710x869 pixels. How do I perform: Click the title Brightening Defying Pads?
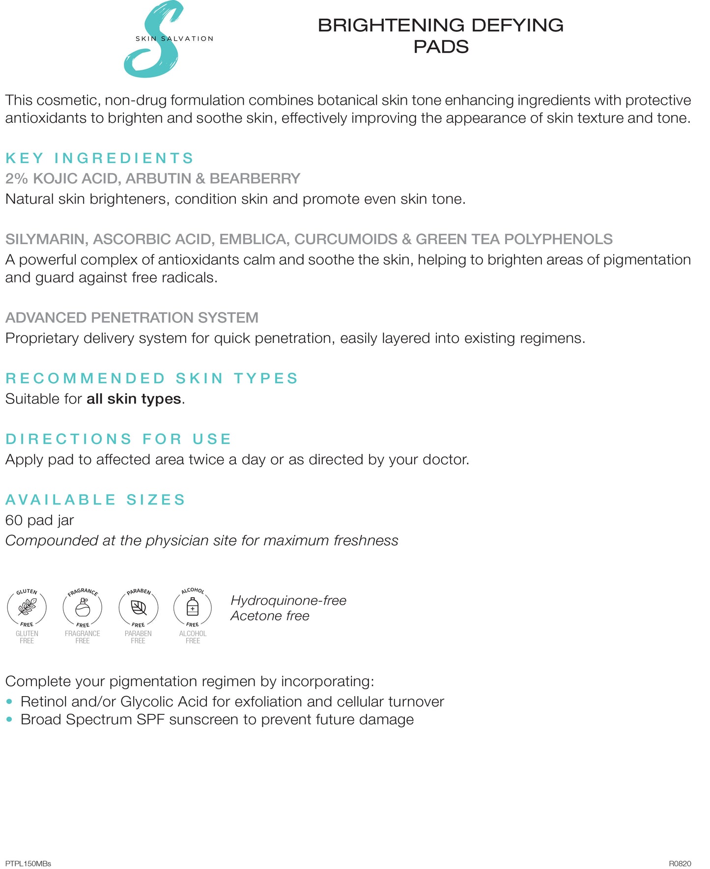(x=440, y=36)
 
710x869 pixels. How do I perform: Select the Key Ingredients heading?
(x=100, y=158)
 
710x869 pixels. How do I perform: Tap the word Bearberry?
(x=255, y=178)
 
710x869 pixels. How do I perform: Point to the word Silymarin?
(x=47, y=239)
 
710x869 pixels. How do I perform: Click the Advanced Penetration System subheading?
(x=132, y=318)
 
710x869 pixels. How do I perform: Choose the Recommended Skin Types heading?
(x=152, y=378)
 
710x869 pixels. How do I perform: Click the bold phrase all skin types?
(x=134, y=399)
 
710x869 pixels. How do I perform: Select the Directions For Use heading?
(x=118, y=439)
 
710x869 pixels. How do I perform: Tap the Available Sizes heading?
(x=96, y=500)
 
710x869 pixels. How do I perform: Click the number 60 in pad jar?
(x=14, y=520)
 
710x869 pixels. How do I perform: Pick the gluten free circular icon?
(x=27, y=608)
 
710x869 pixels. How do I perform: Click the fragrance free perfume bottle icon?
(x=83, y=609)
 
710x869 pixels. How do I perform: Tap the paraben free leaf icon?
(x=138, y=609)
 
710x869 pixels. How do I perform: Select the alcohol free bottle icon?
(x=193, y=608)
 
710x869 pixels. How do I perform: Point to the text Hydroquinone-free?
(x=288, y=600)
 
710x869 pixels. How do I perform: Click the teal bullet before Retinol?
(x=9, y=701)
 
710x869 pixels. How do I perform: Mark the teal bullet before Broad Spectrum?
(x=9, y=720)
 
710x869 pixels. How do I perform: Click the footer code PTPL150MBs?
(x=28, y=864)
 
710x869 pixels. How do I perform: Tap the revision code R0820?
(x=680, y=864)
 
